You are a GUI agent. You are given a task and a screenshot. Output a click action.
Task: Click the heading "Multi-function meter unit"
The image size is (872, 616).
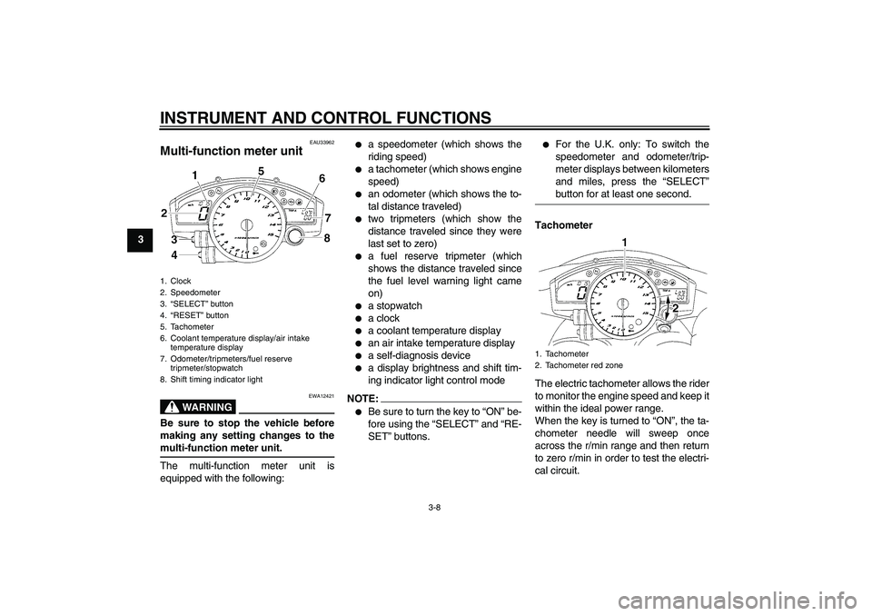tap(231, 151)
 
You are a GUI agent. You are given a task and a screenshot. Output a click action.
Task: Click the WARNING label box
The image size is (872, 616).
tap(198, 406)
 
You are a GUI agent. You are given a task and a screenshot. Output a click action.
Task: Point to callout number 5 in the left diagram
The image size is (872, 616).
tap(262, 171)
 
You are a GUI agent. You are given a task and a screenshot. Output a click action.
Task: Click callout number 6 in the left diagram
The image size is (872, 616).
tap(321, 179)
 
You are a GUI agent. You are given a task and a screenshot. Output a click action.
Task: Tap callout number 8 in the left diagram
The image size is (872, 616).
tap(328, 239)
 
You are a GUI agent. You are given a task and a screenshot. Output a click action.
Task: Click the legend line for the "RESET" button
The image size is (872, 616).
tap(193, 315)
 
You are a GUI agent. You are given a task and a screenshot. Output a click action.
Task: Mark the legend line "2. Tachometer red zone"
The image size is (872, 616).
tap(585, 365)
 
